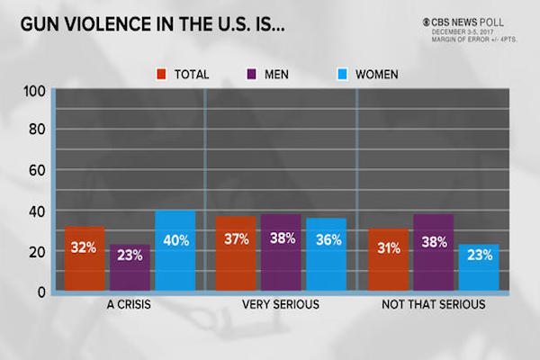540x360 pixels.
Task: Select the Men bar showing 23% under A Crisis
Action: click(x=130, y=268)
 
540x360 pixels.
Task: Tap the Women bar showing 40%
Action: click(x=175, y=252)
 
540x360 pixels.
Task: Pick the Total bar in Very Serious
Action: click(x=236, y=255)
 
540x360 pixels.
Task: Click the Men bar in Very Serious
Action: click(x=281, y=254)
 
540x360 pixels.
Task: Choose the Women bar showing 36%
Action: click(x=326, y=256)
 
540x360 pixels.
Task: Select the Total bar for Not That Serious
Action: click(x=387, y=261)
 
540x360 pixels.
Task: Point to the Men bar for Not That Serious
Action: click(x=432, y=254)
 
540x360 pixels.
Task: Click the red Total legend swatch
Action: click(x=162, y=73)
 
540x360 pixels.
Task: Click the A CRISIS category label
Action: click(x=130, y=305)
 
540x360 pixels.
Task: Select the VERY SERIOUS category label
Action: click(x=281, y=305)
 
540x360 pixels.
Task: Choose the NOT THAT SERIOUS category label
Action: click(x=432, y=305)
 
